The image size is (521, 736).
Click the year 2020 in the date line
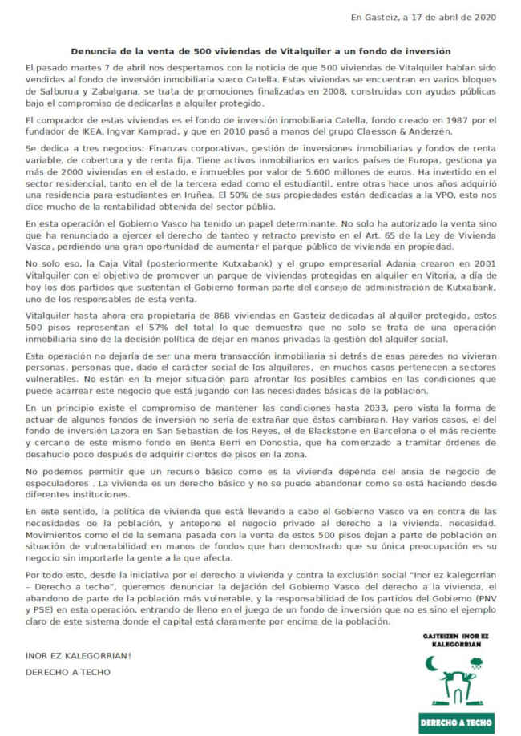(x=484, y=17)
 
